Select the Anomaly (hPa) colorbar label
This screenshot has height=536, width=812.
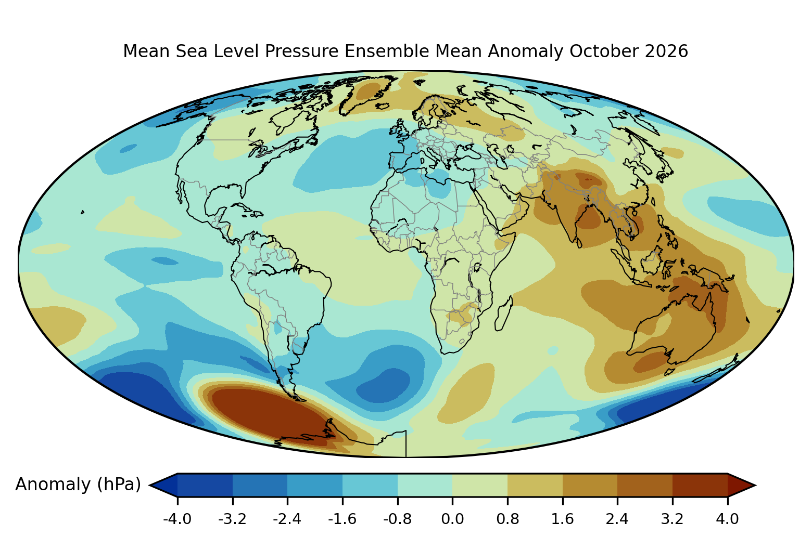pos(78,485)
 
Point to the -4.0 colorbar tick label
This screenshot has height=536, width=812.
pos(177,519)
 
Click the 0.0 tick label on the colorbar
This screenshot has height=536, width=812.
pos(452,519)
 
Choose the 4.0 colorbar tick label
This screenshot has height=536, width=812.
pos(727,519)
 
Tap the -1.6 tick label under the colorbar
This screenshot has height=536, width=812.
pos(342,519)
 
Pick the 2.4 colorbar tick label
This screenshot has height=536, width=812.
pos(617,519)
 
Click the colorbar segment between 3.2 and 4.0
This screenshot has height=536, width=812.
pos(700,485)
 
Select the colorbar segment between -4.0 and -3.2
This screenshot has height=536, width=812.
pos(205,485)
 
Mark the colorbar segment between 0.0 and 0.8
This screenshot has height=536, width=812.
pos(480,485)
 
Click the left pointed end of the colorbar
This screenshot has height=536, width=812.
pos(150,485)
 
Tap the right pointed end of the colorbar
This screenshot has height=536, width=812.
pos(755,485)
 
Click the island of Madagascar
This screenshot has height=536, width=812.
pos(504,313)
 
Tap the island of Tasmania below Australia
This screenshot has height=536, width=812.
pos(669,372)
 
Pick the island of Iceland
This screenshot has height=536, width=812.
pos(383,106)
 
